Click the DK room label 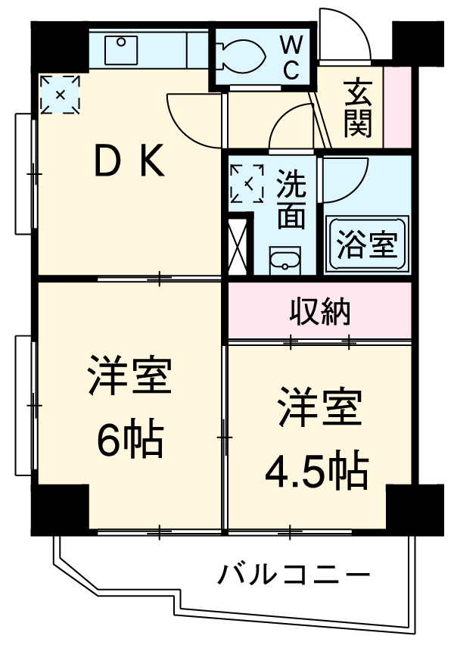(128, 160)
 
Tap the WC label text (291, 58)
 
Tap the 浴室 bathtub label (366, 246)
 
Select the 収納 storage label (319, 310)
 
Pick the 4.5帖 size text (316, 471)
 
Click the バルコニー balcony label (295, 576)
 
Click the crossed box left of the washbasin (238, 244)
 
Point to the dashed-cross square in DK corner (61, 95)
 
